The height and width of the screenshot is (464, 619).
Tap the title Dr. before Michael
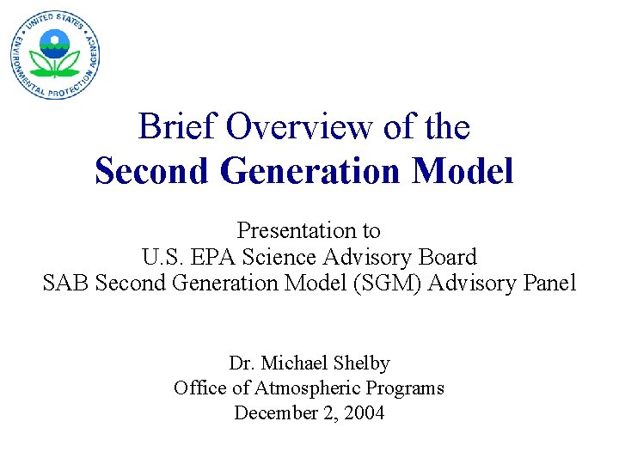(242, 363)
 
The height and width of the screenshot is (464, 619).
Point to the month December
(273, 413)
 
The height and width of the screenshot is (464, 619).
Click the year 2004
(364, 413)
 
